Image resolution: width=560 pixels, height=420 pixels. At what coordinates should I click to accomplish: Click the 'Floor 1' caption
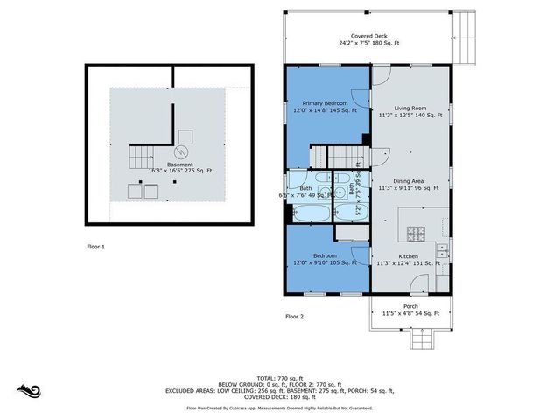pyautogui.click(x=95, y=248)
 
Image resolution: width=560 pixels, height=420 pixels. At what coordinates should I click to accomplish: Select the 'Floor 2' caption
pyautogui.click(x=294, y=316)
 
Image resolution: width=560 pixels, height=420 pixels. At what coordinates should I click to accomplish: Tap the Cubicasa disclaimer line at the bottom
pyautogui.click(x=279, y=408)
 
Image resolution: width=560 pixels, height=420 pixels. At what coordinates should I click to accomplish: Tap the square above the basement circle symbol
pyautogui.click(x=185, y=136)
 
